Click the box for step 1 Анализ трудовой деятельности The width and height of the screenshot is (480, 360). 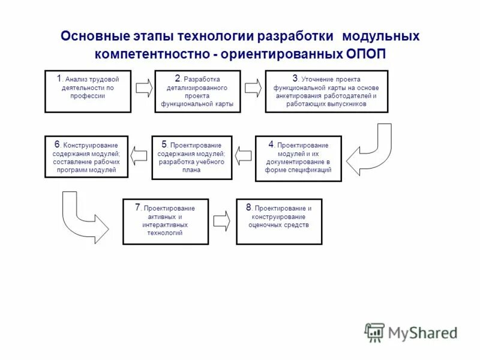coord(88,91)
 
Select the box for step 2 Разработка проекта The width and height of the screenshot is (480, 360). coord(197,91)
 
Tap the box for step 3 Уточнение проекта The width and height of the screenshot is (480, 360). coord(326,91)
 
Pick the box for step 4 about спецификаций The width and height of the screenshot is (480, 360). coord(298,157)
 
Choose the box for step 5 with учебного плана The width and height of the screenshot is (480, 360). coord(191,157)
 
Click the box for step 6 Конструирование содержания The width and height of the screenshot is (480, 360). coord(86,157)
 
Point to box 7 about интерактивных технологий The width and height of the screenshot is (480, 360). coord(166,221)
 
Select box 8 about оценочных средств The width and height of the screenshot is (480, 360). coord(279,221)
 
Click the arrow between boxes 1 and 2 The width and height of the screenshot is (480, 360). coord(143,88)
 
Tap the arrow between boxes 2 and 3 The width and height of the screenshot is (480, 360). coord(253,88)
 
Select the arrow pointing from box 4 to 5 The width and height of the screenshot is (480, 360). coord(244,156)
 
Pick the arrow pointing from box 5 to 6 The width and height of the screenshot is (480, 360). coord(139,156)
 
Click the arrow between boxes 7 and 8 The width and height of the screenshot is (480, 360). coord(221,220)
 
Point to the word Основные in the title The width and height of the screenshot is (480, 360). coord(91,36)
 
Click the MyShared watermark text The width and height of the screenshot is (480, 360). coord(422,332)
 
